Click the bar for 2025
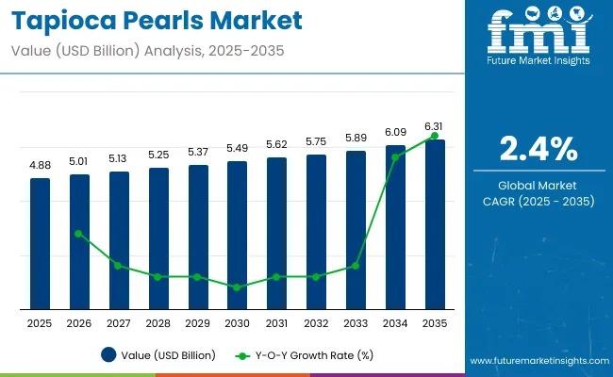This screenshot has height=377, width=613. (x=40, y=243)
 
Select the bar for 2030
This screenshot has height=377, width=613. (x=238, y=235)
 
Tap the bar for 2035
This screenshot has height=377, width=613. (x=435, y=224)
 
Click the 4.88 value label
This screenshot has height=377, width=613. (x=40, y=165)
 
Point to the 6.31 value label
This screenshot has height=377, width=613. (x=435, y=126)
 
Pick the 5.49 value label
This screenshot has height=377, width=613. (x=238, y=148)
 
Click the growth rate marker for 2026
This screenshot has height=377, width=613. (x=79, y=233)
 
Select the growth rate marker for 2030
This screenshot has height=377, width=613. (x=238, y=287)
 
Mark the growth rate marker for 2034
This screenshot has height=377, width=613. (x=395, y=156)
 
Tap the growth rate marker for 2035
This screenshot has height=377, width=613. (x=435, y=136)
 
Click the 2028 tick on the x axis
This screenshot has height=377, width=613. (x=158, y=323)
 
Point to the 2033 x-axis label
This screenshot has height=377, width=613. (x=356, y=323)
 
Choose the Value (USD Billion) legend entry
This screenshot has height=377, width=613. (x=158, y=355)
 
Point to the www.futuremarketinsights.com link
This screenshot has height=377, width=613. (x=537, y=361)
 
